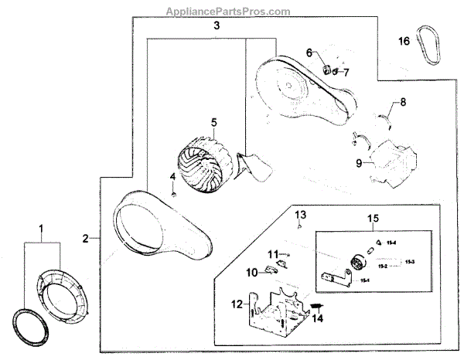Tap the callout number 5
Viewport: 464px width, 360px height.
click(x=213, y=121)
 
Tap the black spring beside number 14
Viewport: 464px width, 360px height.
click(x=316, y=307)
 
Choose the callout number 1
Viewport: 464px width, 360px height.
click(x=42, y=229)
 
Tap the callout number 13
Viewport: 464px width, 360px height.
click(x=300, y=213)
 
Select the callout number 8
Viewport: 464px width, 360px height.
click(x=401, y=102)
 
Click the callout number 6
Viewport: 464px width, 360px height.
click(x=309, y=53)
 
